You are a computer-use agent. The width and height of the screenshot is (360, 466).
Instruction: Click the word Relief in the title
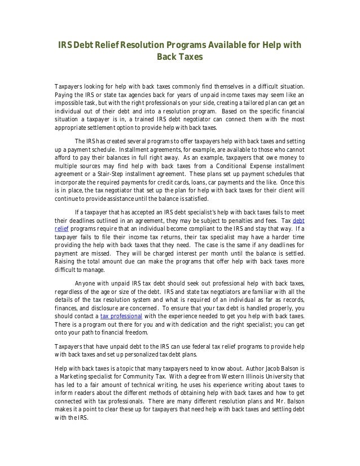106,46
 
